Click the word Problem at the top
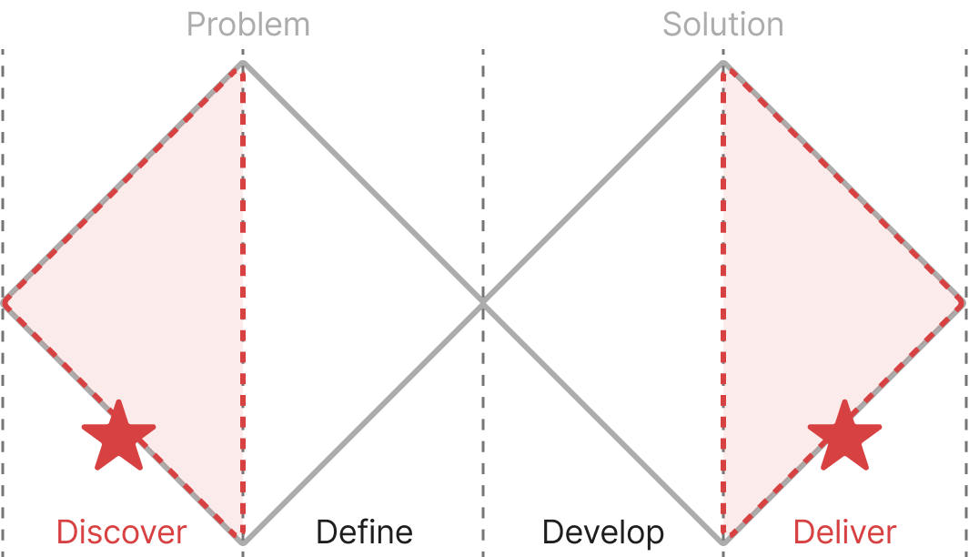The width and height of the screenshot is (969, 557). coord(248,25)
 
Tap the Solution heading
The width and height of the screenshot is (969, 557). coord(722,25)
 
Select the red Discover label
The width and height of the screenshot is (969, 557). coord(122,532)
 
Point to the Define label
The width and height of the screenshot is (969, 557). coord(364,532)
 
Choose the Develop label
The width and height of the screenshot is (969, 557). coord(602,532)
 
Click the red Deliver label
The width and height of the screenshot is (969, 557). coord(845,532)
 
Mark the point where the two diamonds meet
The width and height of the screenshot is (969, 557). coord(483,302)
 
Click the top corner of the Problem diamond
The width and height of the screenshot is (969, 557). coord(243,63)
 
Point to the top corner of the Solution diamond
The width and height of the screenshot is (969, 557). coord(723,63)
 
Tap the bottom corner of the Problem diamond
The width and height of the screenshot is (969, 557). coord(243,543)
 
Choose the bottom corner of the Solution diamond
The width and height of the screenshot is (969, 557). coord(723,543)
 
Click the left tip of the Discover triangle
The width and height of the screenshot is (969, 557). coord(5,302)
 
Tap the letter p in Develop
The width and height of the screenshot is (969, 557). coord(654,535)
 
